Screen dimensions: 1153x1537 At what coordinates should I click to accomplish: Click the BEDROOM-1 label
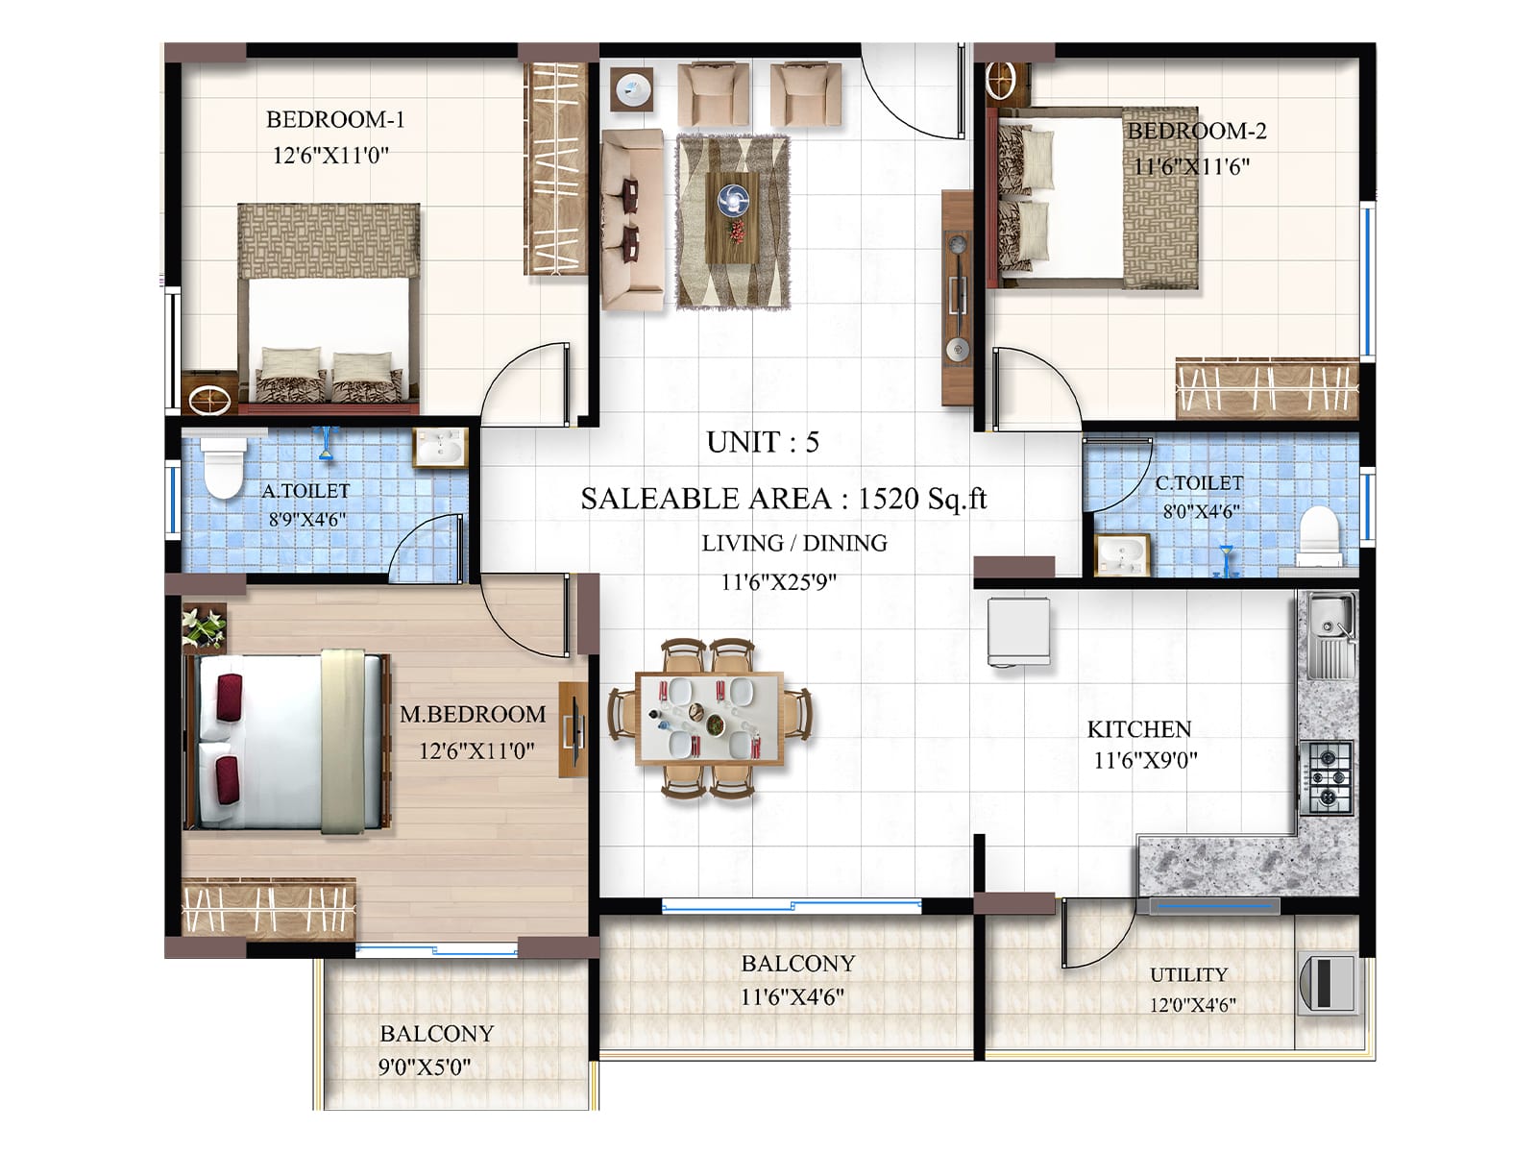coord(335,119)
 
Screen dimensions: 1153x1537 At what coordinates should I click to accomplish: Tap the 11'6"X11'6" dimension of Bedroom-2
coord(1191,166)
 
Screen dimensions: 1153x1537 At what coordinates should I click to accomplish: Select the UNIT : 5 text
coord(763,442)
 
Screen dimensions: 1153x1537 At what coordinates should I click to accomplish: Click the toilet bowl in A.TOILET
coord(223,468)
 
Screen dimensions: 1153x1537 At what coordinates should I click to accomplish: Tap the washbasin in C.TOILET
coord(1122,554)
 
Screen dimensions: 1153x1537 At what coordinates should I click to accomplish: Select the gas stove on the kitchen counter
coord(1327,774)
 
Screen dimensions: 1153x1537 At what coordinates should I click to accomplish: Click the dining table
coord(709,719)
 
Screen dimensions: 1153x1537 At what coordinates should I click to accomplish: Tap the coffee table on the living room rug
coord(732,217)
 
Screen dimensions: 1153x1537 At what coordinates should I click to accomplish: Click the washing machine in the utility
coord(1327,983)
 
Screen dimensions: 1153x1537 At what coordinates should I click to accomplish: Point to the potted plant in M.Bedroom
coord(204,627)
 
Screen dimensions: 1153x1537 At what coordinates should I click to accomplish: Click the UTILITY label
coord(1188,974)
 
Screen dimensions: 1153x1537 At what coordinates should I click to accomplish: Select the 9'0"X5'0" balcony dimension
coord(424,1067)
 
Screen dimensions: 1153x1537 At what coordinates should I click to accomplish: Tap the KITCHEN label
coord(1138,729)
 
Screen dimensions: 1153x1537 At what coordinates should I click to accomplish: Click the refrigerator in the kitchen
coord(1018,631)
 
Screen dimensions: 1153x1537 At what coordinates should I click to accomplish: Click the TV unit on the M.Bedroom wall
coord(573,730)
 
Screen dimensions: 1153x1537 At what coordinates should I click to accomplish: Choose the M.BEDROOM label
coord(473,714)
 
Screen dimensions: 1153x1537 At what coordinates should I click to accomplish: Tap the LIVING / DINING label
coord(793,543)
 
